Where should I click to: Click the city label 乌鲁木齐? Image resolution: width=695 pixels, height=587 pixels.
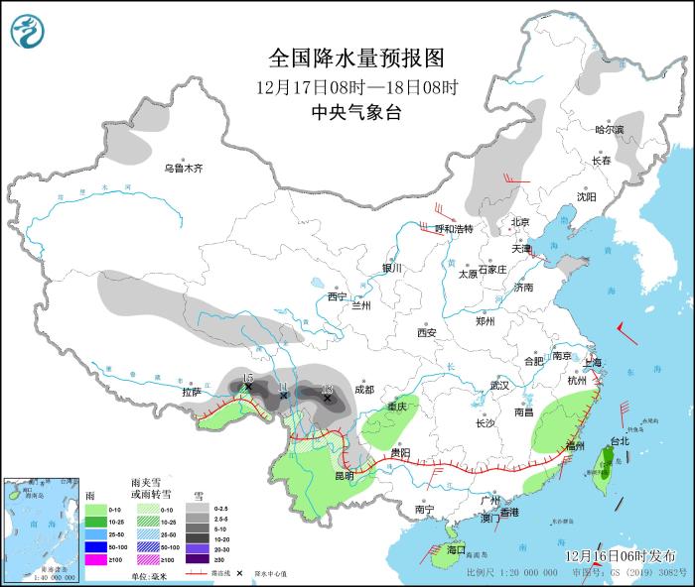[x=184, y=169]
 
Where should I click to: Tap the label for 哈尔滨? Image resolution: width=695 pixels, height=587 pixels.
[x=610, y=130]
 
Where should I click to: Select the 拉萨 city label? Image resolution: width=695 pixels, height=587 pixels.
[x=192, y=393]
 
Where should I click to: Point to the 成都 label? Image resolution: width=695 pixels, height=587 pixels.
[x=365, y=390]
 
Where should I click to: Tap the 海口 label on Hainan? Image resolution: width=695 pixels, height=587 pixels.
[x=456, y=548]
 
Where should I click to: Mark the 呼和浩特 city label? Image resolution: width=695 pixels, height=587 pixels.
[x=455, y=229]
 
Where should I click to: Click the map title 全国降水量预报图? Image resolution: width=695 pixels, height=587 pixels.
[x=356, y=57]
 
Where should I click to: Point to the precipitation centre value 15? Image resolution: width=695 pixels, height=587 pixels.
[x=248, y=379]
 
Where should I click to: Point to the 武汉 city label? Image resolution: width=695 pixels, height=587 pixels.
[x=498, y=385]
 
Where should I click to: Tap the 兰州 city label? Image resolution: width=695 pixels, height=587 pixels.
[x=360, y=306]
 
